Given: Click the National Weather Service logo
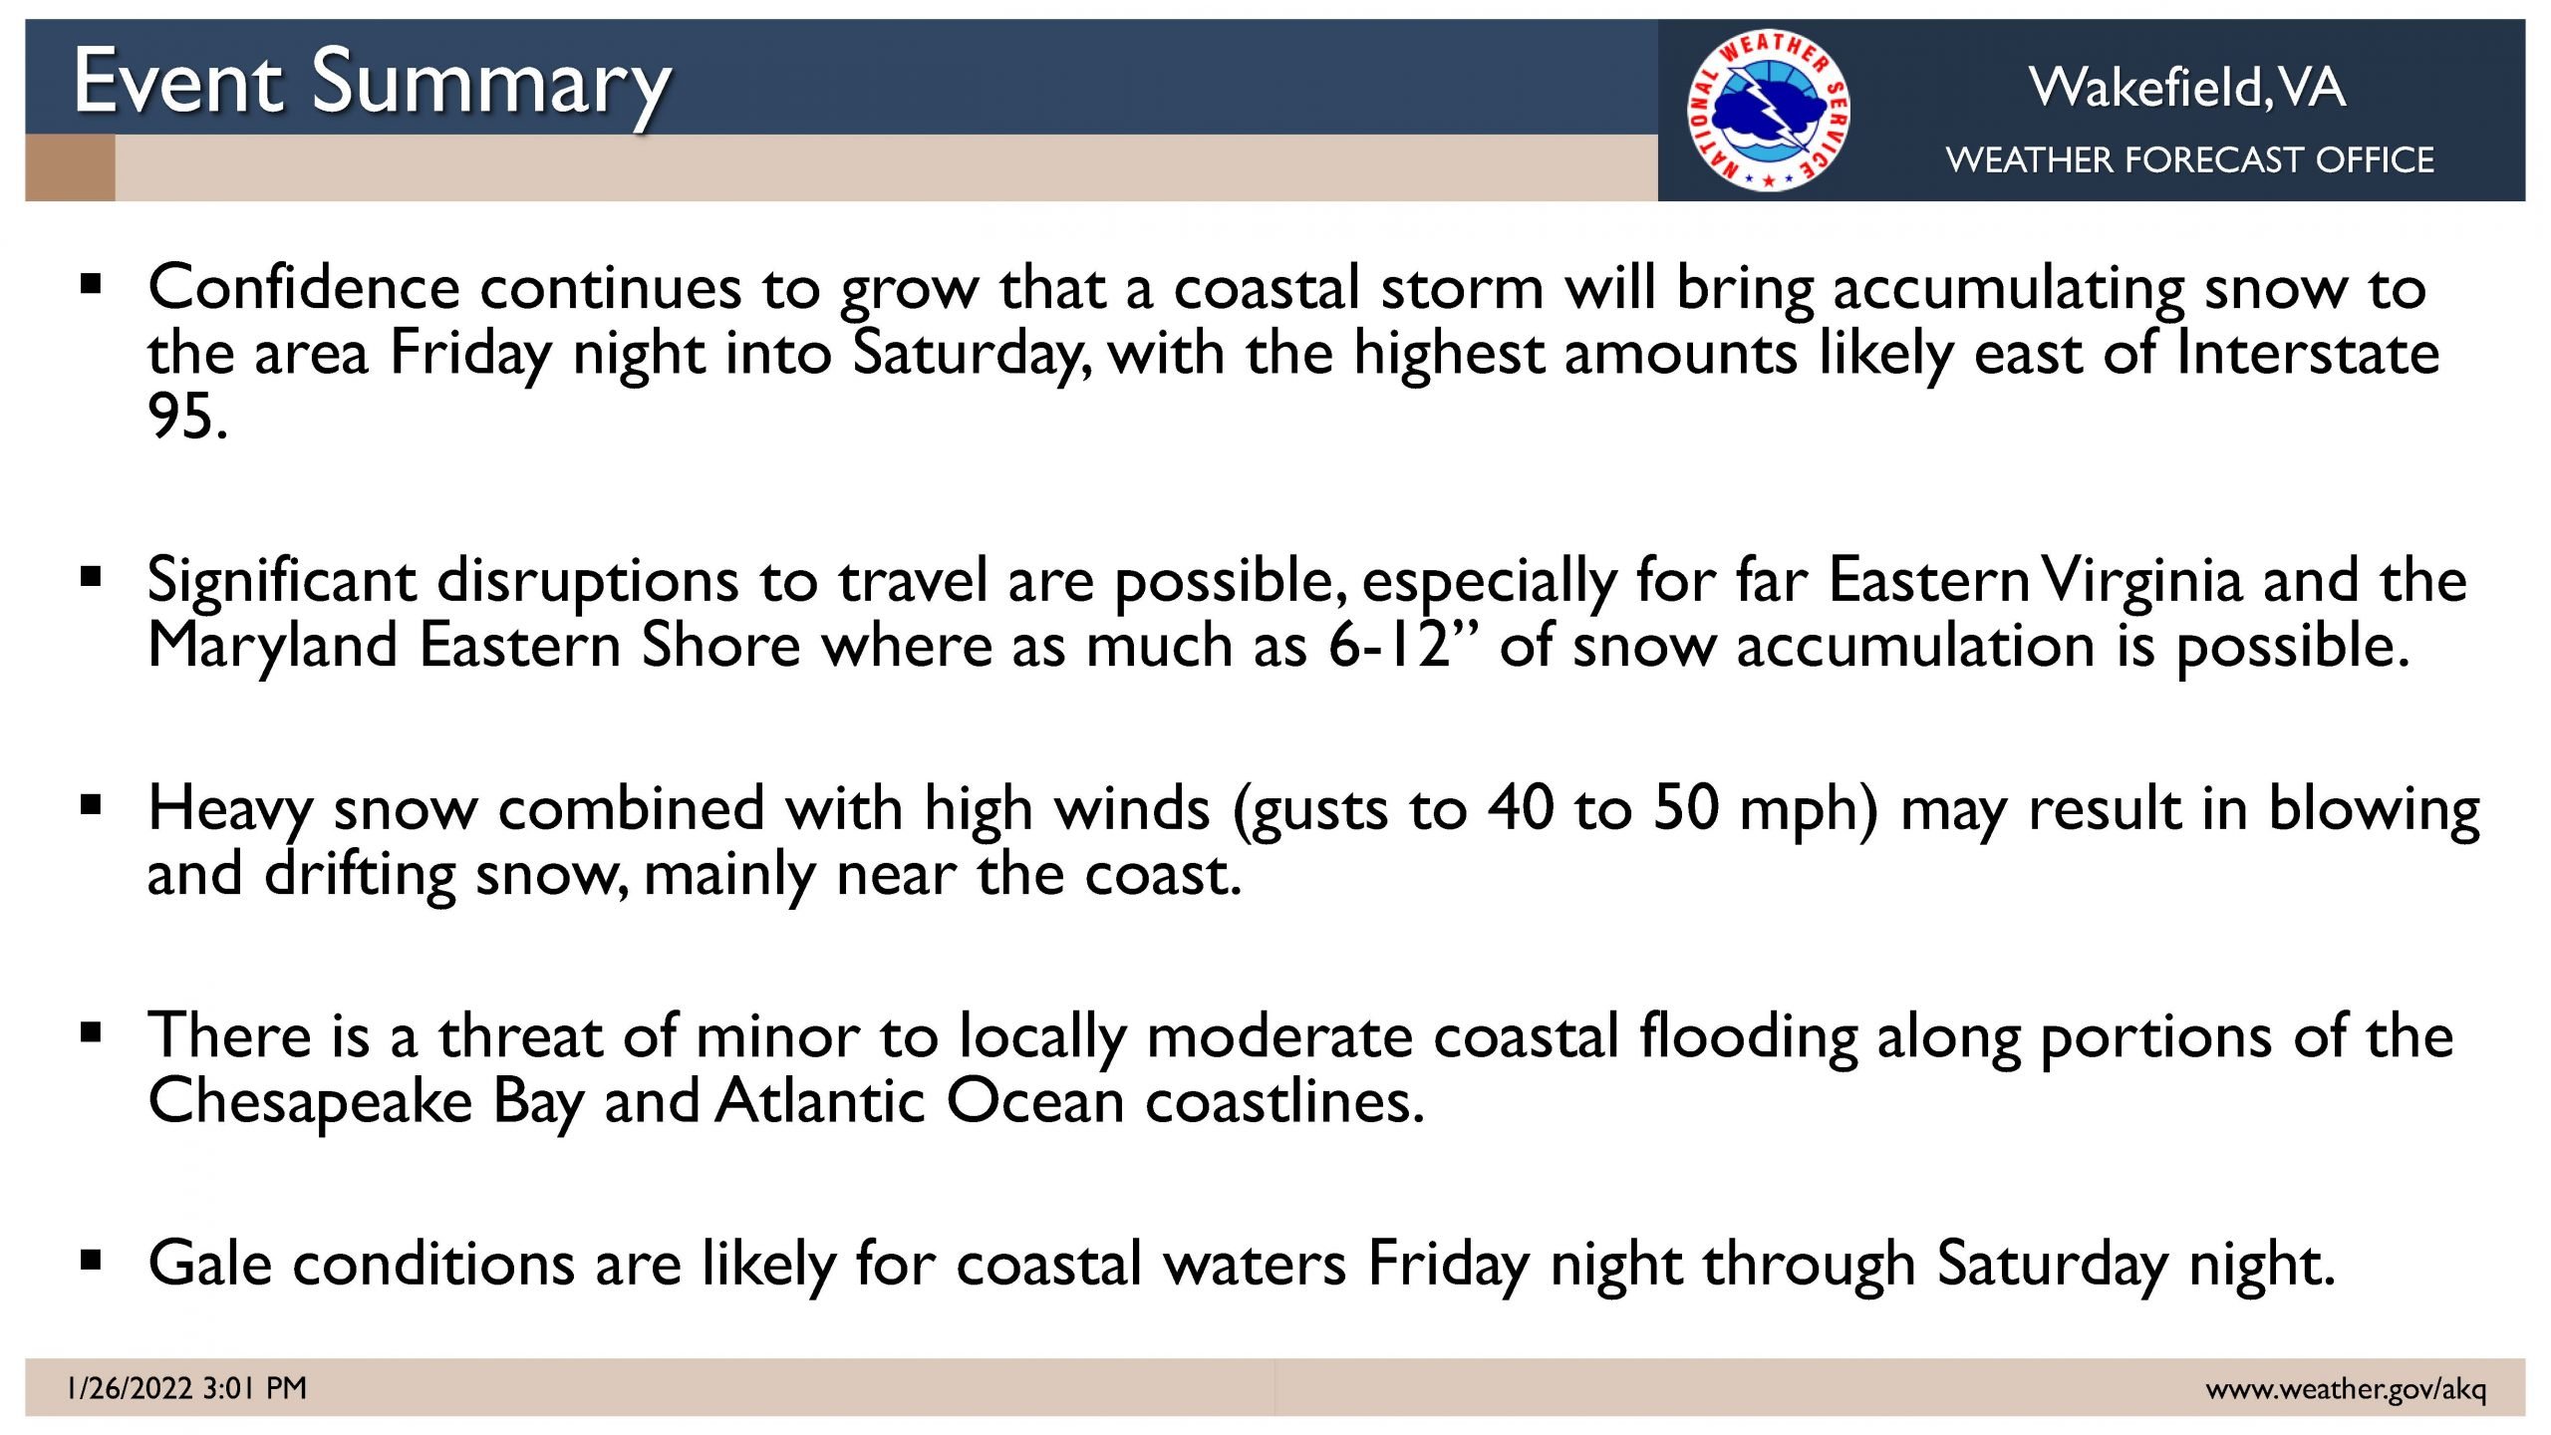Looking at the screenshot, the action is click(x=1769, y=110).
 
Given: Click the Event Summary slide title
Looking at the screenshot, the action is click(x=373, y=85).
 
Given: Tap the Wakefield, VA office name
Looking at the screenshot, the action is click(x=2187, y=87).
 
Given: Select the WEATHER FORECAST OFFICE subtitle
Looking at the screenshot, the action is click(x=2190, y=159).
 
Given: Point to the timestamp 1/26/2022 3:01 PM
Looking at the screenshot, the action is click(x=186, y=1388).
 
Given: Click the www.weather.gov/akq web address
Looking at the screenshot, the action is click(x=2346, y=1389).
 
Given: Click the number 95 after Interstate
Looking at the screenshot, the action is click(x=187, y=416).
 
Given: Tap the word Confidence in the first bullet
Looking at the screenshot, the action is click(x=304, y=288).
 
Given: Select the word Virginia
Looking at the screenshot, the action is click(x=2141, y=581).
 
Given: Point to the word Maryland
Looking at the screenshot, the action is click(x=272, y=647).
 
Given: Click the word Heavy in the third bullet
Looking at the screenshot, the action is click(x=229, y=809).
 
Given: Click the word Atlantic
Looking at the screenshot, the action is click(x=820, y=1101).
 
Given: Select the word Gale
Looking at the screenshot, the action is click(x=210, y=1264).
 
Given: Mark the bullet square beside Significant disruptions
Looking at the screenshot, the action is click(x=91, y=577).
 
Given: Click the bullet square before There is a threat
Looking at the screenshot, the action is click(x=91, y=1032).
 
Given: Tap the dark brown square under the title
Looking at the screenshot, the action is click(x=70, y=167).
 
